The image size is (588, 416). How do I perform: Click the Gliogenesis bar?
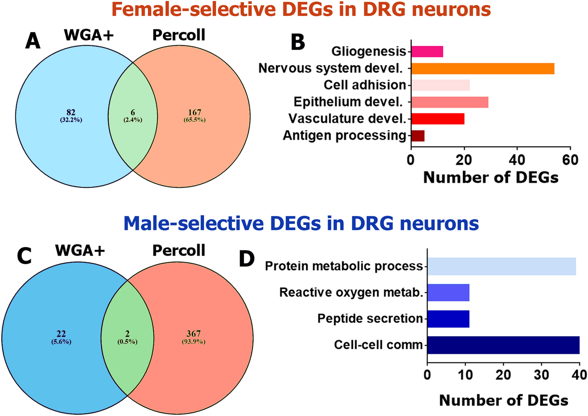(x=427, y=52)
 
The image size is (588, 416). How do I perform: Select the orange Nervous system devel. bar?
(x=483, y=68)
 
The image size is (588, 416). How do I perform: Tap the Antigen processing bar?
(x=418, y=136)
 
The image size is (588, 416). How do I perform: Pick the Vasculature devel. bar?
(x=438, y=119)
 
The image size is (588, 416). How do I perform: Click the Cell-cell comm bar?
(x=503, y=345)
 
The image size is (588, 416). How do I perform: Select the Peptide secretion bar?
(x=448, y=319)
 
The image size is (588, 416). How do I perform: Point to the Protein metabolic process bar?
(x=502, y=266)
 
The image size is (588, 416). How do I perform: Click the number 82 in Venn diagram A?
(x=71, y=113)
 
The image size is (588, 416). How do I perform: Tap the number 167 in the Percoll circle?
(x=195, y=113)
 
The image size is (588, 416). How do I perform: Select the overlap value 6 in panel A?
(x=133, y=113)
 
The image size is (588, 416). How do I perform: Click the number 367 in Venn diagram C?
(x=194, y=334)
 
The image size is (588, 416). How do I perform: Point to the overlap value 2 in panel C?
(x=127, y=334)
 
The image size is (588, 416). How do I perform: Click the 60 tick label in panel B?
(x=570, y=160)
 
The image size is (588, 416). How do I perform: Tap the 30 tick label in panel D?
(x=541, y=375)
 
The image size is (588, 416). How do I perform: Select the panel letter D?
(x=247, y=259)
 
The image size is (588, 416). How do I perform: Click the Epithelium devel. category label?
(x=348, y=102)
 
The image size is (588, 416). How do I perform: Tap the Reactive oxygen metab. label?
(x=351, y=292)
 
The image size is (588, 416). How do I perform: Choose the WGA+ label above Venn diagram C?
(x=80, y=251)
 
